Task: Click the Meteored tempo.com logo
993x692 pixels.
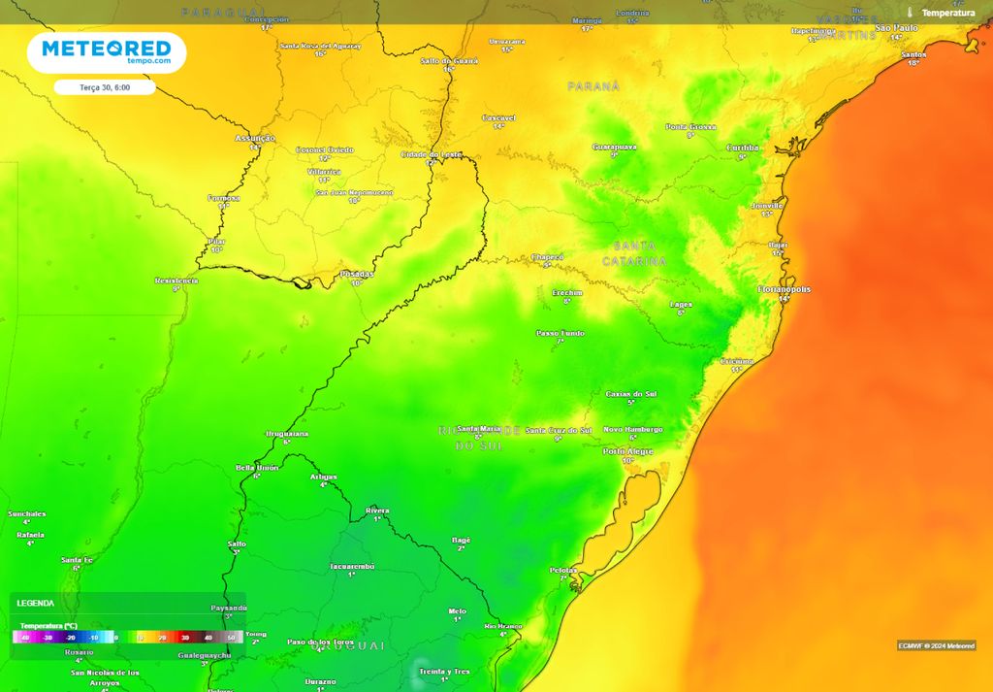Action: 106,52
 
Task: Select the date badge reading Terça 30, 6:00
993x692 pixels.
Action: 105,87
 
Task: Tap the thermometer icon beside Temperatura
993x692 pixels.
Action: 910,13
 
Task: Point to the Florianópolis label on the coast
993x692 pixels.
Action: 784,289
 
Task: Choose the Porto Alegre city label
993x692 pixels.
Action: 627,451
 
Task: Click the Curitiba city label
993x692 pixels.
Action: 743,148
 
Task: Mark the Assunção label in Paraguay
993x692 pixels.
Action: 255,139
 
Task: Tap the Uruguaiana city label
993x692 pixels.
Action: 286,434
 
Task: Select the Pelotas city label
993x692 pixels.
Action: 562,570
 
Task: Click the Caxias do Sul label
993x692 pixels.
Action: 630,394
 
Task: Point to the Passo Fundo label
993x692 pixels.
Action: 560,333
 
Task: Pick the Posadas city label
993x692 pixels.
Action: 356,275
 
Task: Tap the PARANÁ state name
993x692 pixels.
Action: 593,86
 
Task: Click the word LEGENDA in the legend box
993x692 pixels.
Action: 36,603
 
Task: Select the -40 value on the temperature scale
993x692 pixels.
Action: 24,638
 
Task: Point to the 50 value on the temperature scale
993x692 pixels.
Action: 231,638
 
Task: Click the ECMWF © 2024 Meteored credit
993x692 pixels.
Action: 936,645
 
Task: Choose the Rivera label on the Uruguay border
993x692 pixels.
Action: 376,510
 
